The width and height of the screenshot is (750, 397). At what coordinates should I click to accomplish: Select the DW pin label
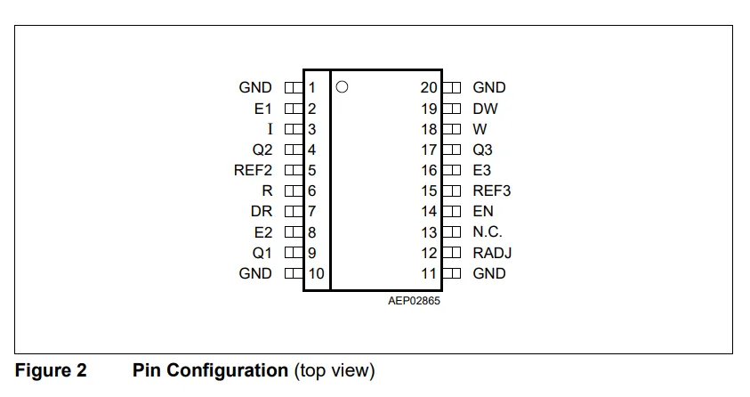pyautogui.click(x=485, y=109)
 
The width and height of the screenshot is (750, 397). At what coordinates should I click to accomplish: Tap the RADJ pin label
pyautogui.click(x=492, y=253)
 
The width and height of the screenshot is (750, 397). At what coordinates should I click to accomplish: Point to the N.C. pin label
pyautogui.click(x=488, y=232)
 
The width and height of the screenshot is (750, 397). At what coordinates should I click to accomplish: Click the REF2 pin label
pyautogui.click(x=253, y=170)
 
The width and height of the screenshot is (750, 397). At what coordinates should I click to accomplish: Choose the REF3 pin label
pyautogui.click(x=492, y=190)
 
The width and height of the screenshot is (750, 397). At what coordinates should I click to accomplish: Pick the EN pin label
pyautogui.click(x=483, y=212)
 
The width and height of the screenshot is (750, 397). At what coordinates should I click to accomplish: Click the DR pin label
pyautogui.click(x=262, y=212)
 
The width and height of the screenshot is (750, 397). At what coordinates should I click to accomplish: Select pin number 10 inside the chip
pyautogui.click(x=316, y=273)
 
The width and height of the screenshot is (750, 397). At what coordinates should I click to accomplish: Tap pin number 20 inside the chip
pyautogui.click(x=429, y=87)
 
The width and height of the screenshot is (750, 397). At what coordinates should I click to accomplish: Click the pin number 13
pyautogui.click(x=429, y=232)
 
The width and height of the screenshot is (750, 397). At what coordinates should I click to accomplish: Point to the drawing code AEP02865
pyautogui.click(x=414, y=300)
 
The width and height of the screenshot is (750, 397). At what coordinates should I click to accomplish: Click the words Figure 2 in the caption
pyautogui.click(x=51, y=370)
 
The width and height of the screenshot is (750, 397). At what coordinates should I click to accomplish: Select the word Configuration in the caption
pyautogui.click(x=227, y=370)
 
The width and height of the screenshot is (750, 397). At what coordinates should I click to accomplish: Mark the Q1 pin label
pyautogui.click(x=262, y=253)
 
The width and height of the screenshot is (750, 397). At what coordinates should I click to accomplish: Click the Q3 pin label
pyautogui.click(x=482, y=150)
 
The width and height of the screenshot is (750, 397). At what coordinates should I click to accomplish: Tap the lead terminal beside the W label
pyautogui.click(x=452, y=129)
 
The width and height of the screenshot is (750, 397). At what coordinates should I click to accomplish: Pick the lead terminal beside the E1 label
pyautogui.click(x=294, y=109)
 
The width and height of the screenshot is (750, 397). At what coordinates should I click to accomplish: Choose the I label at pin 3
pyautogui.click(x=270, y=129)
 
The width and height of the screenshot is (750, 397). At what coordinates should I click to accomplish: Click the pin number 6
pyautogui.click(x=312, y=190)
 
